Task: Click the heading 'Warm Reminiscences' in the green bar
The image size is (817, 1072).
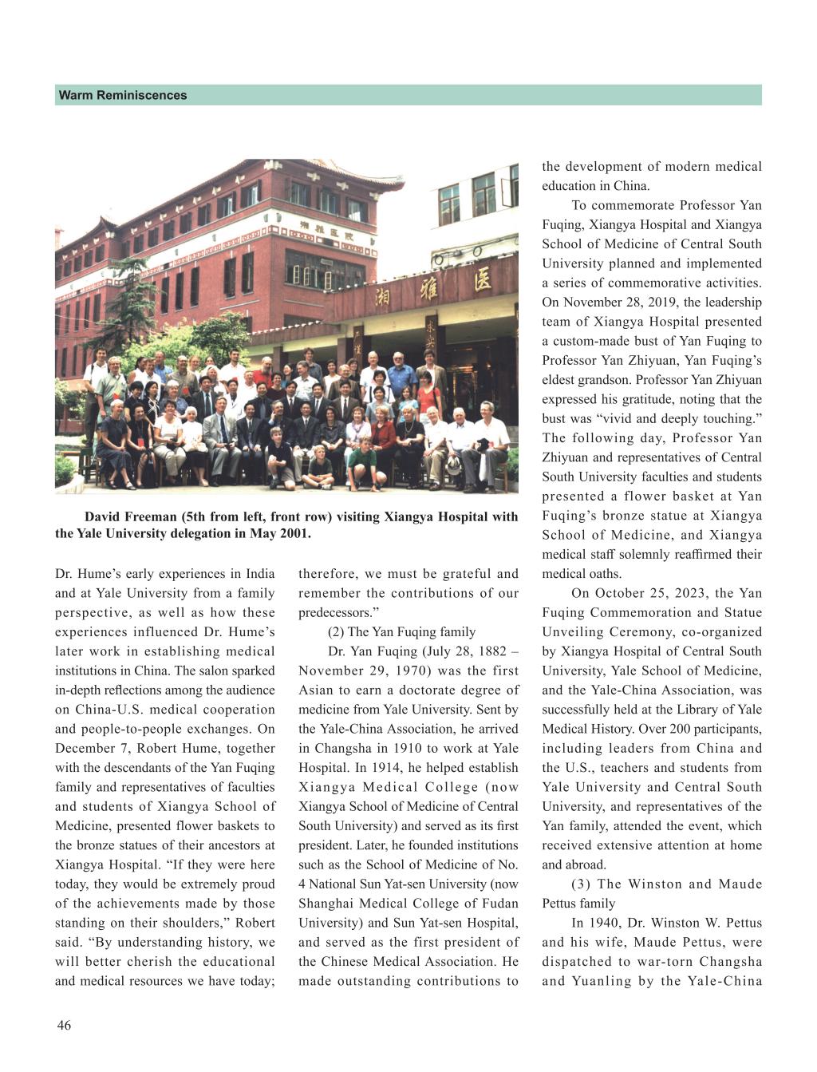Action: click(122, 96)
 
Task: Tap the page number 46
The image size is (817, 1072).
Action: click(64, 1026)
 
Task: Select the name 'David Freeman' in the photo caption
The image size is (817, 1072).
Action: click(124, 516)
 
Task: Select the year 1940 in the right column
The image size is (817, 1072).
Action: click(610, 923)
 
